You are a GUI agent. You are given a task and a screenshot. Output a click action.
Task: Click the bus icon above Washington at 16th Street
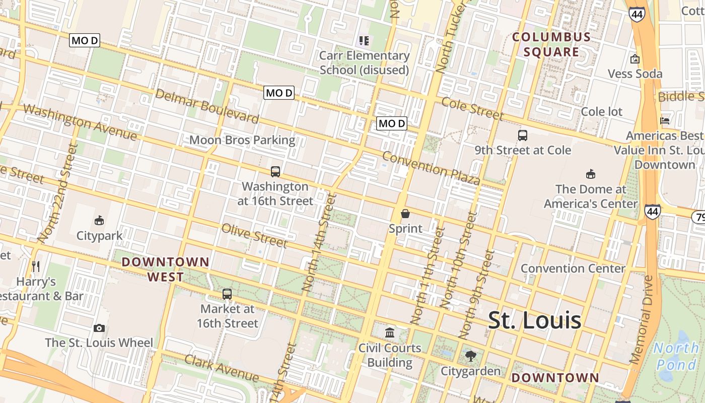point(275,171)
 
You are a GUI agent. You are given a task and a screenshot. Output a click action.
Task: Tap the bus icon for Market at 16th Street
point(227,294)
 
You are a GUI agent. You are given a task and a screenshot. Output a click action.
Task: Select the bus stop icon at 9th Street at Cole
point(523,135)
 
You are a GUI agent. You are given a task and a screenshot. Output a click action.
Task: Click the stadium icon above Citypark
point(99,220)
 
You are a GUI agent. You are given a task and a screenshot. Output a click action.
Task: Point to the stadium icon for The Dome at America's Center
point(591,174)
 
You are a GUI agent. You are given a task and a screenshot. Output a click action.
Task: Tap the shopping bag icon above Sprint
point(405,214)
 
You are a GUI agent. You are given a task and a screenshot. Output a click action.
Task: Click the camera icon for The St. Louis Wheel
point(99,328)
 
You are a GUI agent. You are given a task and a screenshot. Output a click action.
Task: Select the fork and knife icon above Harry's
point(35,266)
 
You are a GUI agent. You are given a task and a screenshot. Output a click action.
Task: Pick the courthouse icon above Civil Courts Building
point(390,332)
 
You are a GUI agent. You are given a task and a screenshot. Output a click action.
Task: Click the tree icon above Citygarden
point(471,356)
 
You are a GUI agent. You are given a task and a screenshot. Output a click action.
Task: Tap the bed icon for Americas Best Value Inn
point(665,121)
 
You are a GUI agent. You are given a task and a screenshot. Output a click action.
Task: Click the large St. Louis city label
point(535,320)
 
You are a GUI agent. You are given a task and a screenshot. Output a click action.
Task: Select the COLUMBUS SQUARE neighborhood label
point(551,44)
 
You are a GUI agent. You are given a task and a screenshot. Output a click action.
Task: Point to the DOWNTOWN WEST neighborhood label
point(165,269)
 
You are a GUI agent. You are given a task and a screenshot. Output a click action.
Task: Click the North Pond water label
point(677,356)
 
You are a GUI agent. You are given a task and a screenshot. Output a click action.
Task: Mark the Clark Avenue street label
point(222,368)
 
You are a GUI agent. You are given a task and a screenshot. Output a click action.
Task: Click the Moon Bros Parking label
point(242,140)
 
